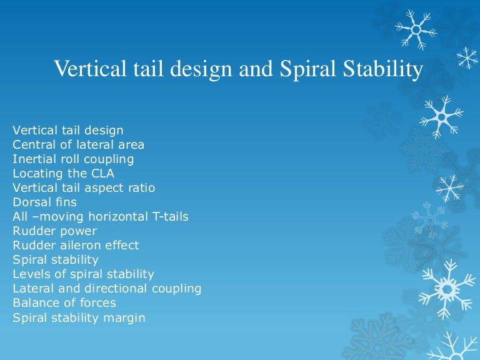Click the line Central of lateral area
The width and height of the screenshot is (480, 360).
[78, 144]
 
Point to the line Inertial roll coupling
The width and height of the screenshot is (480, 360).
[73, 159]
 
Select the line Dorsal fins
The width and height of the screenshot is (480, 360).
[45, 202]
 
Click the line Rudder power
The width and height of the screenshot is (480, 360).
[55, 231]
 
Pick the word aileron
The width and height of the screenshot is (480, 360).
[81, 245]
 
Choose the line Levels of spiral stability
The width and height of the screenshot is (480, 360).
[83, 274]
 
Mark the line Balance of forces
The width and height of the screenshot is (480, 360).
[64, 302]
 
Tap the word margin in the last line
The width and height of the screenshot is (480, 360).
[124, 317]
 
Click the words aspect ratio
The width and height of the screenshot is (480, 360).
[120, 188]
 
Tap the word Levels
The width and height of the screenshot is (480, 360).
[31, 274]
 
